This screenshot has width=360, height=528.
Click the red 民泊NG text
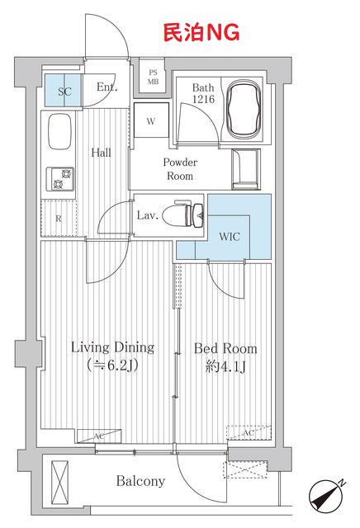(201, 33)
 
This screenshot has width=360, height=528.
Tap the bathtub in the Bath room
(244, 109)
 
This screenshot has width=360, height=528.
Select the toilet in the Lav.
(183, 214)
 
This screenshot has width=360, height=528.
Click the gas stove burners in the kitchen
(59, 179)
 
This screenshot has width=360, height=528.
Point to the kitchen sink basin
(60, 132)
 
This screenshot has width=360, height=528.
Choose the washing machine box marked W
(151, 120)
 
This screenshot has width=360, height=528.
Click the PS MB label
(153, 77)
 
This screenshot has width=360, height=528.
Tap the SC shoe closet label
(64, 92)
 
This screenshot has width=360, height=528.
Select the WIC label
(230, 237)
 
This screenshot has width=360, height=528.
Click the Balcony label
(140, 481)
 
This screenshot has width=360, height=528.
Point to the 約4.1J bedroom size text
(225, 366)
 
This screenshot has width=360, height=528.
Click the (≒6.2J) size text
(112, 365)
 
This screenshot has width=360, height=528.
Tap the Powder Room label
(180, 169)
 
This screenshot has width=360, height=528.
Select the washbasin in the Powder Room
(246, 169)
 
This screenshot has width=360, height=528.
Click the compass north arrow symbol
(325, 495)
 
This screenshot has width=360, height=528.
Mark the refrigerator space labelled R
(59, 218)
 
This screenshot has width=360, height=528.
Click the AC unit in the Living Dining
(99, 436)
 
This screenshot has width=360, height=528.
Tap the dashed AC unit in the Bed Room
(249, 433)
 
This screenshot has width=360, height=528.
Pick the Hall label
(101, 153)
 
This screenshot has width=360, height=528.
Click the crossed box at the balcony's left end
(59, 482)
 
